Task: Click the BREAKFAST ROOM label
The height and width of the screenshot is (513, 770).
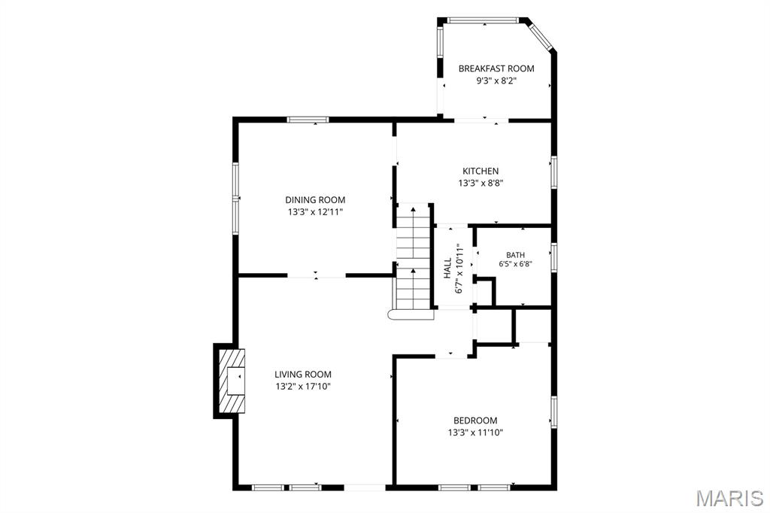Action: tap(496, 68)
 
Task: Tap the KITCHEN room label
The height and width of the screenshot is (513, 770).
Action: tap(480, 171)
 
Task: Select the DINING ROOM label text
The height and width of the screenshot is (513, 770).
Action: tap(315, 199)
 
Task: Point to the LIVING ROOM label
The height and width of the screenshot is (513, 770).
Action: tap(303, 374)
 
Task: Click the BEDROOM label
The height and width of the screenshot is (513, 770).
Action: tap(475, 420)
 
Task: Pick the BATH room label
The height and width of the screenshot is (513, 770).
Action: tap(516, 255)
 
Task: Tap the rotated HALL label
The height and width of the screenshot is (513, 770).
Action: tap(447, 269)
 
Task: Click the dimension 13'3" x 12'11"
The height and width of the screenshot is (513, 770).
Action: tap(315, 212)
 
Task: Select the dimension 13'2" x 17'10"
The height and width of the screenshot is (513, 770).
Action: tap(303, 386)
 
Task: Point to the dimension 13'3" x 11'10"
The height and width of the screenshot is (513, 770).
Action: tap(475, 433)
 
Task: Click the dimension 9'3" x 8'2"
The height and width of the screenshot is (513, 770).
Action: tap(496, 80)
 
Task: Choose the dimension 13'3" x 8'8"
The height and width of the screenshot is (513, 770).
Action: tap(480, 183)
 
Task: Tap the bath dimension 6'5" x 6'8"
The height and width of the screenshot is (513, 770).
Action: tap(516, 264)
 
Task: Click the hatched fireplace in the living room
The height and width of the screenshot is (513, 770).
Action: tap(230, 381)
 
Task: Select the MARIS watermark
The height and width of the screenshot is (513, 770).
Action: tap(729, 498)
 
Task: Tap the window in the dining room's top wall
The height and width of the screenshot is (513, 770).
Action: tap(308, 120)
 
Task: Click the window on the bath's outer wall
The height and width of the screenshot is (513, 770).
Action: tap(553, 257)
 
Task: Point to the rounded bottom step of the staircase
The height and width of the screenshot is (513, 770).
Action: tap(411, 315)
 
